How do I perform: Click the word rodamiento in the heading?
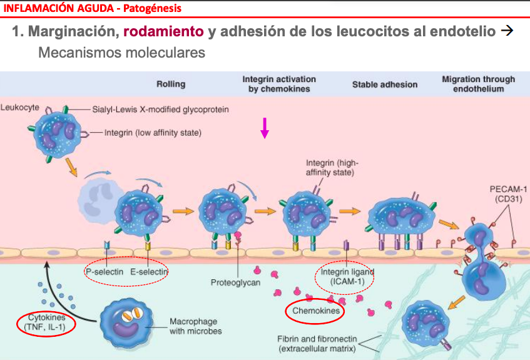click(163, 31)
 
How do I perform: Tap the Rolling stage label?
click(170, 84)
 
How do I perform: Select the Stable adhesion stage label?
click(384, 84)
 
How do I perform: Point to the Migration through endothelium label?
click(478, 84)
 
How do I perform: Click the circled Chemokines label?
click(316, 311)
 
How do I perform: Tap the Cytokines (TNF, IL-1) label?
click(46, 321)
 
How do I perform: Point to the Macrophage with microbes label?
click(195, 326)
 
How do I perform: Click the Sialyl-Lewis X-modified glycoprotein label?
click(160, 109)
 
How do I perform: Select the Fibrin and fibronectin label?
click(317, 343)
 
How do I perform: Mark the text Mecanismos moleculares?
click(121, 52)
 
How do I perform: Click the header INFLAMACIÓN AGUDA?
click(49, 8)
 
